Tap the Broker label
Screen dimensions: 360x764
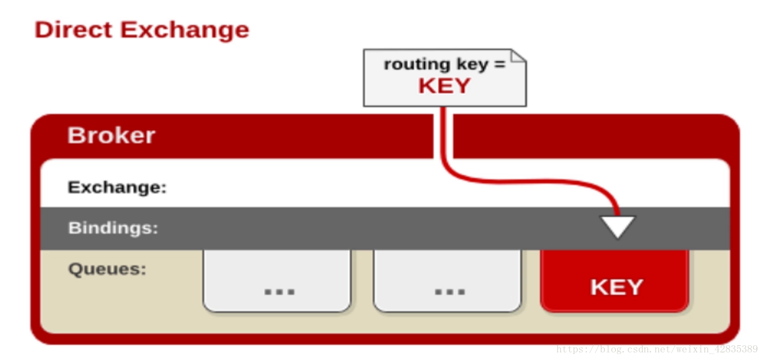tap(111, 136)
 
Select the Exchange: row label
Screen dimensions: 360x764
tap(117, 188)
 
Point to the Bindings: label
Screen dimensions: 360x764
tap(113, 228)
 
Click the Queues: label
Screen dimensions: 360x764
tap(107, 269)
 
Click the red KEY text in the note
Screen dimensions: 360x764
tap(444, 86)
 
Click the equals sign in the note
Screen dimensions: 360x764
tap(499, 65)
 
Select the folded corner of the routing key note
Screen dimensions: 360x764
tap(518, 56)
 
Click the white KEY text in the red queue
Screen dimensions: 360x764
tap(616, 287)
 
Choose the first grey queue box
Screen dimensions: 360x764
tap(277, 280)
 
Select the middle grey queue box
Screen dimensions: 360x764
tap(447, 280)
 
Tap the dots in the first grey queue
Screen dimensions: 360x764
tap(280, 292)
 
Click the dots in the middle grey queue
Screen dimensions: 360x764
tap(450, 292)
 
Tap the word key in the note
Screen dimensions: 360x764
tap(472, 65)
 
